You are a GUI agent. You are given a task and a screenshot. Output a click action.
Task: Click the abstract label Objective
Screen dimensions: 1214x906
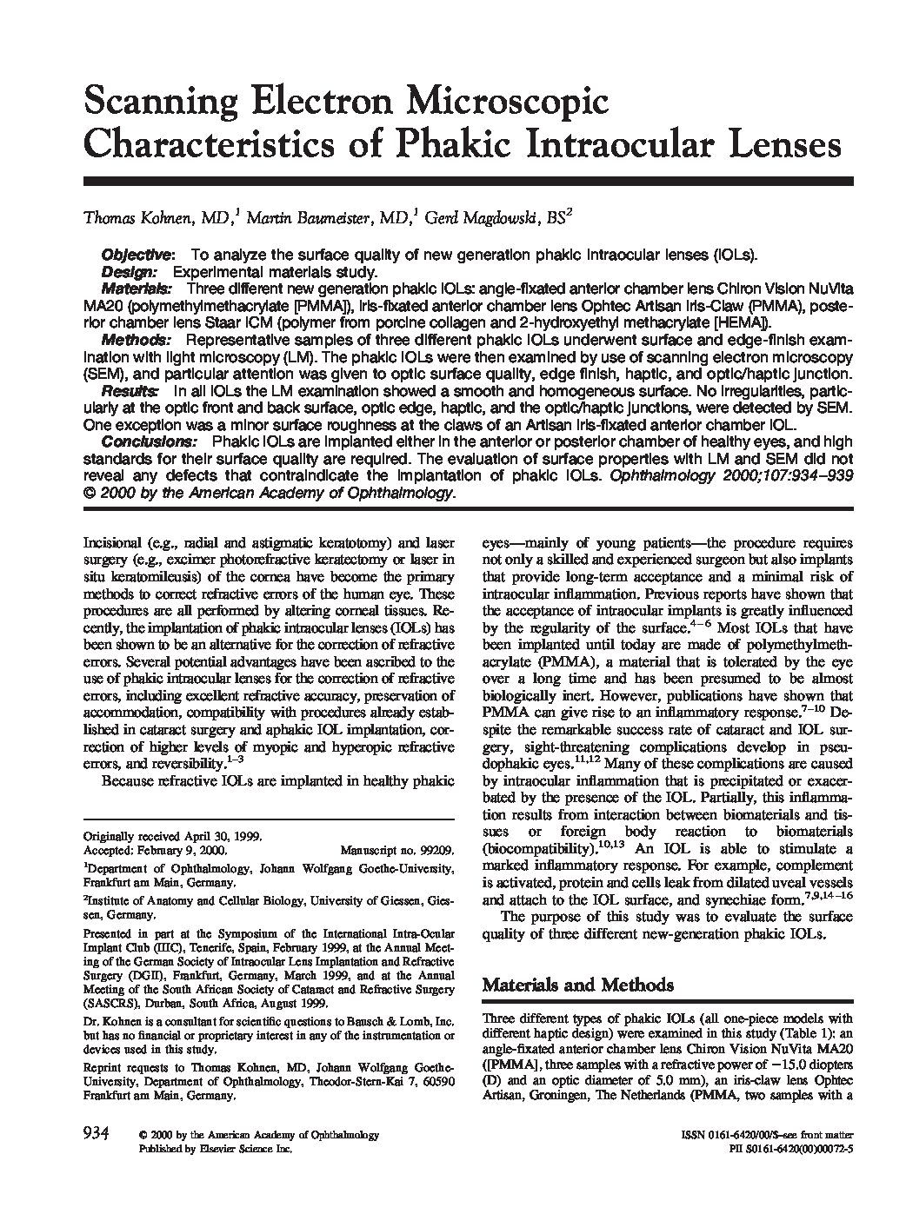137,255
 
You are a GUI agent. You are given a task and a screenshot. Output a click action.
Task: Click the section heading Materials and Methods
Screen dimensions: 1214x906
577,985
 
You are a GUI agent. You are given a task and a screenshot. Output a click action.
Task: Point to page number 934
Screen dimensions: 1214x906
95,1134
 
